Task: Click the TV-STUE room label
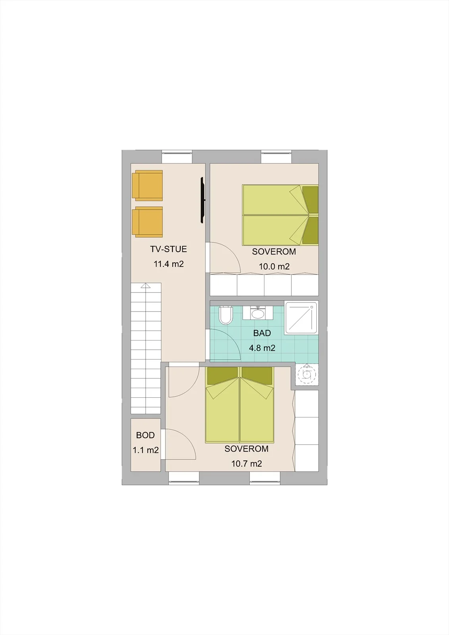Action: (168, 249)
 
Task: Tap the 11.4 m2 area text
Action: (169, 264)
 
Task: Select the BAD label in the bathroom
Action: (262, 333)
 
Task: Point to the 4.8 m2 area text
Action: (262, 348)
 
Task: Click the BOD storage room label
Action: (145, 435)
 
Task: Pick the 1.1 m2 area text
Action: (146, 450)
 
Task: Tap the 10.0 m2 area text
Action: (274, 266)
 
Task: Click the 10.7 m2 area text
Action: (247, 464)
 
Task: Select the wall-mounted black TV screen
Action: (202, 200)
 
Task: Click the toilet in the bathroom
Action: (226, 315)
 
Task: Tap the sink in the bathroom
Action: (258, 313)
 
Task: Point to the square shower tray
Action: (301, 318)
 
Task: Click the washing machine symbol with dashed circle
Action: (307, 375)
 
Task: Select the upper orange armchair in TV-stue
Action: (147, 185)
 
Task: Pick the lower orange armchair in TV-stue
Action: (147, 222)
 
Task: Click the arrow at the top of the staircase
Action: (146, 285)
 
